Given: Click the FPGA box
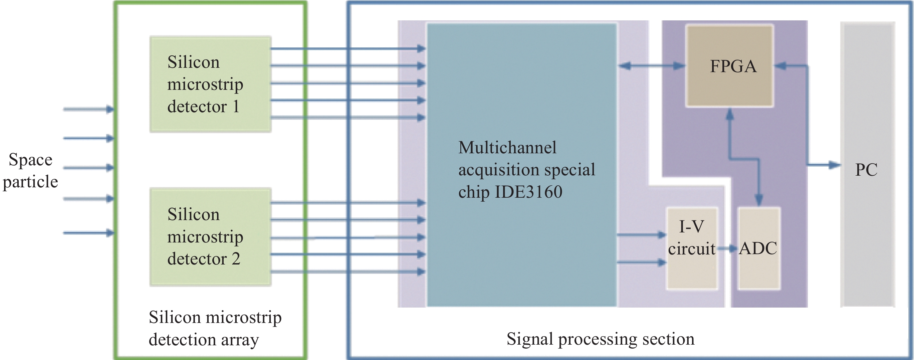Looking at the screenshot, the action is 730,66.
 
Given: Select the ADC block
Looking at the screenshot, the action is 759,248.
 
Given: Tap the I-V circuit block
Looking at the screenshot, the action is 692,248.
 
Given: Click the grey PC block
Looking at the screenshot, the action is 868,164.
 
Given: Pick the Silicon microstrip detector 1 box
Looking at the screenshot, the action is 210,84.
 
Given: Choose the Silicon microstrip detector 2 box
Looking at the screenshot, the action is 210,237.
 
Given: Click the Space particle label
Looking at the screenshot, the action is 30,170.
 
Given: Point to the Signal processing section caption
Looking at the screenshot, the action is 600,339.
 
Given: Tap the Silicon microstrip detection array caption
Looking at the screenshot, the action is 215,328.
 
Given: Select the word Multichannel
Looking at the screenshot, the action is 507,148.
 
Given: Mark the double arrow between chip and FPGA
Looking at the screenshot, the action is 652,66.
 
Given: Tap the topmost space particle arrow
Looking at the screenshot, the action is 88,109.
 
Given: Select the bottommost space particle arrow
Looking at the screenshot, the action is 88,233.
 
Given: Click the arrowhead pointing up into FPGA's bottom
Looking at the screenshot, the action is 730,114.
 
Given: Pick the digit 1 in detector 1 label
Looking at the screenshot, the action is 236,107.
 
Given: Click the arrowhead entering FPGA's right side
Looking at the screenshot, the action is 780,66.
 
